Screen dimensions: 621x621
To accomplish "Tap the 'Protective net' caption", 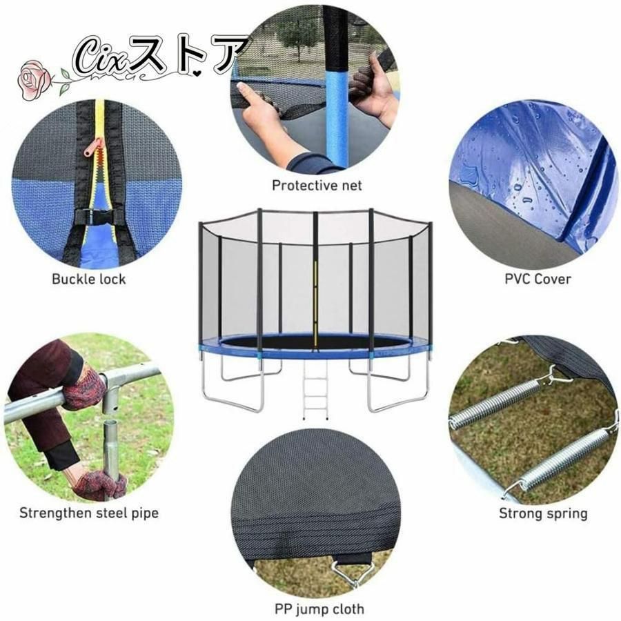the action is click(x=317, y=186).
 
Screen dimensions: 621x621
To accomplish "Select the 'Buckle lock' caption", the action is click(x=89, y=279).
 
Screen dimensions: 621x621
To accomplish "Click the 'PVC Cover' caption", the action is click(x=538, y=279).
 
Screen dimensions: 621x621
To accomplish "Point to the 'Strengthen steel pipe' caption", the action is click(x=89, y=513).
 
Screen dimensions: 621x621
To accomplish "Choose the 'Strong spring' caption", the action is click(x=543, y=513).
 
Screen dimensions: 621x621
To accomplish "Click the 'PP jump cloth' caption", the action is click(x=319, y=609).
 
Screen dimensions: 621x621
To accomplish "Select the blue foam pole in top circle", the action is click(x=336, y=119).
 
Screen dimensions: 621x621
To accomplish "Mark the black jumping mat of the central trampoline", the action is click(x=315, y=342).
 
